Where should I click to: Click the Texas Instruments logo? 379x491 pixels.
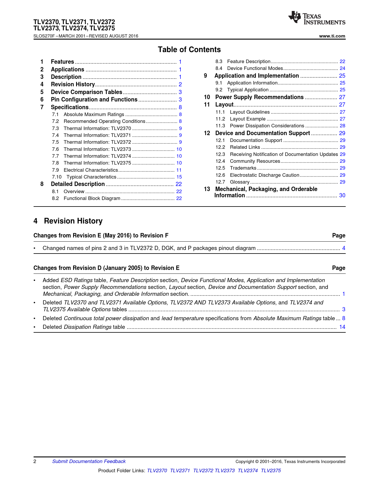tap(317, 18)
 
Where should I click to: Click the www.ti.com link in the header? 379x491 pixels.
tap(332, 36)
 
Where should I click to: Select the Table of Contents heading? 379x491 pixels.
tap(189, 50)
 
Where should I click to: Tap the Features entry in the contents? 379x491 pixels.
tap(62, 62)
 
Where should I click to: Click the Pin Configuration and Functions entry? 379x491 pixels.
tap(94, 100)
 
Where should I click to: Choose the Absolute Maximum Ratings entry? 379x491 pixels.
tap(94, 115)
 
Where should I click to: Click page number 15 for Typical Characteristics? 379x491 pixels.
tap(179, 177)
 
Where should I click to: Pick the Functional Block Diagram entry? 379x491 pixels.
tap(92, 198)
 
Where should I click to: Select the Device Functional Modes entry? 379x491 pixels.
tap(255, 68)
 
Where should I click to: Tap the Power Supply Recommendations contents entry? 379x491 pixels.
tap(259, 97)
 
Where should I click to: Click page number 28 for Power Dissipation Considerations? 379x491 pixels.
tap(342, 126)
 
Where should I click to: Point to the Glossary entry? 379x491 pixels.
tap(240, 182)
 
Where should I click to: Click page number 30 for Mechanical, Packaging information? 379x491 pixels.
tap(342, 196)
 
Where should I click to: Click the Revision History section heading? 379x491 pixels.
tap(73, 221)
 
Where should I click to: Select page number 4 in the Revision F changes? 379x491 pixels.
tap(344, 248)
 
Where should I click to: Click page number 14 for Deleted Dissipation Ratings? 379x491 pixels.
tap(342, 327)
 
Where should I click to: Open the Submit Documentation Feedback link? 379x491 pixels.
tap(89, 462)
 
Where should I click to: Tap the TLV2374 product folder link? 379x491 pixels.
tap(248, 471)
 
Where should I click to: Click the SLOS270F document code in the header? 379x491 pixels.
tap(44, 36)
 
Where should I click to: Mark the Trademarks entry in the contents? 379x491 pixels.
tap(243, 168)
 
